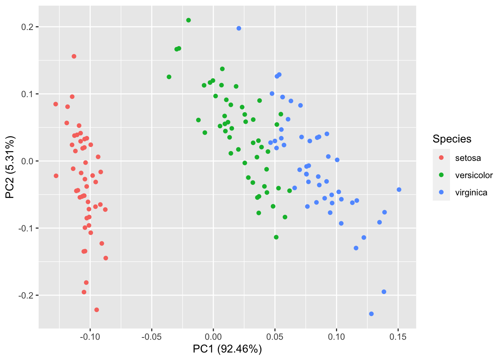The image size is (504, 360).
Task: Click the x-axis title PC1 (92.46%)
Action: (x=227, y=349)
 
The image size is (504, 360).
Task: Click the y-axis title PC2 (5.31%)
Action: (x=10, y=167)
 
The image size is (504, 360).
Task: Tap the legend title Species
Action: (x=452, y=139)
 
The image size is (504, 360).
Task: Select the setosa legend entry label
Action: (x=468, y=158)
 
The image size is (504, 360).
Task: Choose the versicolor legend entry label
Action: (x=474, y=175)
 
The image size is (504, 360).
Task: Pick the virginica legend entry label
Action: (x=471, y=192)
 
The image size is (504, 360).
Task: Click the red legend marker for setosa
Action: (x=441, y=158)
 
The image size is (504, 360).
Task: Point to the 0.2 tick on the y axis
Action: (x=29, y=27)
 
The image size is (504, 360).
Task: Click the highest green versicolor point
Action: (x=189, y=20)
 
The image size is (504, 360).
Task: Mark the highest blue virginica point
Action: (x=239, y=28)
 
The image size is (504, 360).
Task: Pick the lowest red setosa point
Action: (x=97, y=310)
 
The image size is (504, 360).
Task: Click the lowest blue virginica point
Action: (x=371, y=314)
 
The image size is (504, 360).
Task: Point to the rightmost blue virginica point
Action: (x=399, y=190)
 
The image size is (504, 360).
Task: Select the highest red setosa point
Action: (x=74, y=56)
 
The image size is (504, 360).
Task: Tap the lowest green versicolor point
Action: (x=276, y=237)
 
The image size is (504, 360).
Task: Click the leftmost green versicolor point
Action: (x=169, y=77)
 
